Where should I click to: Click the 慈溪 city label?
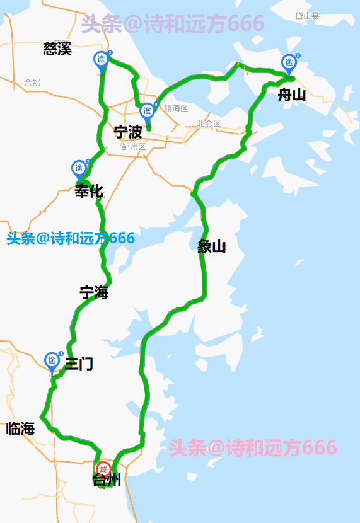coord(57,49)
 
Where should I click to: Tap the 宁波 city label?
coord(128,132)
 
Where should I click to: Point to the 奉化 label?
coord(89,191)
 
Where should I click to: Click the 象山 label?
coord(212,246)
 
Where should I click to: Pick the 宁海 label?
coord(94,292)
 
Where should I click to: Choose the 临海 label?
coord(20,429)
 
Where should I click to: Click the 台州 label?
coord(107,481)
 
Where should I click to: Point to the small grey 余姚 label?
coord(32,83)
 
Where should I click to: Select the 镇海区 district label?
coord(177,108)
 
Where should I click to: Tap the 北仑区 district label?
coord(209,124)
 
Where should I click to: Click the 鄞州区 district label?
coord(134,147)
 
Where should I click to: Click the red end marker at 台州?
coord(103,469)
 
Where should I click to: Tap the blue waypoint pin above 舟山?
coord(289,62)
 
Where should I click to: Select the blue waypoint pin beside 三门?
coord(52,360)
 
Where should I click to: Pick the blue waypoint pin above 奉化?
coord(79,168)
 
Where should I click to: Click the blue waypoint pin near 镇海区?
coord(147,111)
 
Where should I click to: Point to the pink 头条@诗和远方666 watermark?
coord(253,448)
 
